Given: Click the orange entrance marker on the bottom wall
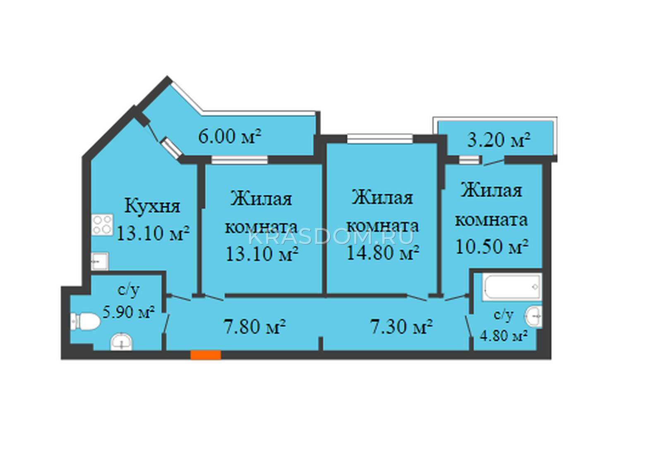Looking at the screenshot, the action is click(x=206, y=355).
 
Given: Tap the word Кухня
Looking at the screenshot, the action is click(x=152, y=206).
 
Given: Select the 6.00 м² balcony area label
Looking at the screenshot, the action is click(x=230, y=136).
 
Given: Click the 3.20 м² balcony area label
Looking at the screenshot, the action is click(x=499, y=140).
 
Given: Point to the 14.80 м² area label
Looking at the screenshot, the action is click(x=383, y=253).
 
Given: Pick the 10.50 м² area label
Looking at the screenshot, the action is click(x=492, y=246).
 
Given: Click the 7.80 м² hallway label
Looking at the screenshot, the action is click(x=255, y=327).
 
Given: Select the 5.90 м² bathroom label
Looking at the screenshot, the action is click(x=129, y=312).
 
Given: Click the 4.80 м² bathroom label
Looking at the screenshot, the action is click(x=504, y=336).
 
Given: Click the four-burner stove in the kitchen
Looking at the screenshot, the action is click(x=102, y=225).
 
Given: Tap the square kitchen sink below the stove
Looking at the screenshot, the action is click(x=100, y=261).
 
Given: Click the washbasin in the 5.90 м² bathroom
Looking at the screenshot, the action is click(x=122, y=342).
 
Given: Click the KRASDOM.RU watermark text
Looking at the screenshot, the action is click(x=331, y=237).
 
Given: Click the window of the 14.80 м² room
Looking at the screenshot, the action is click(x=380, y=139).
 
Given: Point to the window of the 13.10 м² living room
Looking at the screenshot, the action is click(x=240, y=160).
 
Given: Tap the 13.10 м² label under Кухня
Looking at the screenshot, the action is click(x=153, y=233).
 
